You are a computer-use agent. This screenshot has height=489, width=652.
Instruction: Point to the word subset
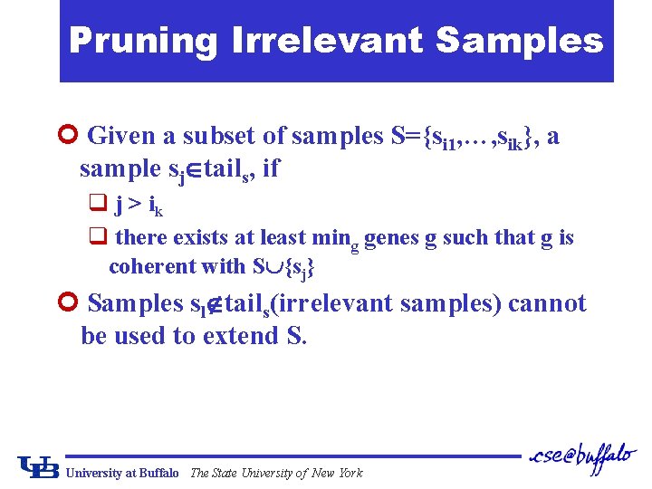pos(220,136)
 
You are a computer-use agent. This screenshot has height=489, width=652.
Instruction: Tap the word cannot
pos(547,303)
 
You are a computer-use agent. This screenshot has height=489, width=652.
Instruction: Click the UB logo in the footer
pos(39,467)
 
